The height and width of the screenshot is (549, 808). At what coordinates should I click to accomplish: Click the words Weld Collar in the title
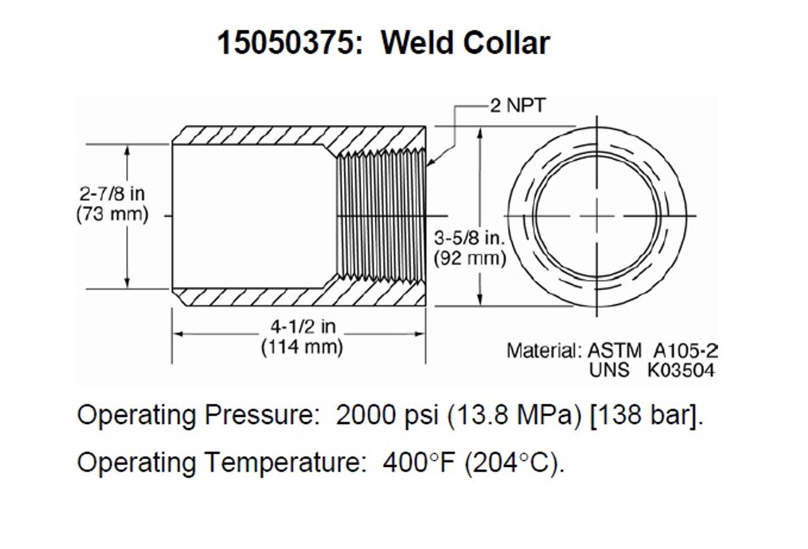465,43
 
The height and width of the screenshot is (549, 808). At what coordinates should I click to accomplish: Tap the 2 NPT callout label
517,106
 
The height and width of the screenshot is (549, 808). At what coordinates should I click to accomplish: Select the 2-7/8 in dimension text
112,194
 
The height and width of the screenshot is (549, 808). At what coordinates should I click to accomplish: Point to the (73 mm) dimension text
112,214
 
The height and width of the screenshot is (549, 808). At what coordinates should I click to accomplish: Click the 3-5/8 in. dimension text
470,238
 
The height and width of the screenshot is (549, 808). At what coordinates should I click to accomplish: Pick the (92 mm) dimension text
470,258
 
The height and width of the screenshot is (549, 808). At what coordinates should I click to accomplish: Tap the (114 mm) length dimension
302,347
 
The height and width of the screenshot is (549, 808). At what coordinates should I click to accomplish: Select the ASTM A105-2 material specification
653,350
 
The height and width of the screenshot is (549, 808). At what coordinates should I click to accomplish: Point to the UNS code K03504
680,370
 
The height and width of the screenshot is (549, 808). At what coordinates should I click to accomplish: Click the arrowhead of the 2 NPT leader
429,166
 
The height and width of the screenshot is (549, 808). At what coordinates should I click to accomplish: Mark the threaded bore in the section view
382,216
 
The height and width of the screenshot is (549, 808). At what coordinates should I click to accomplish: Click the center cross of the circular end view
597,216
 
